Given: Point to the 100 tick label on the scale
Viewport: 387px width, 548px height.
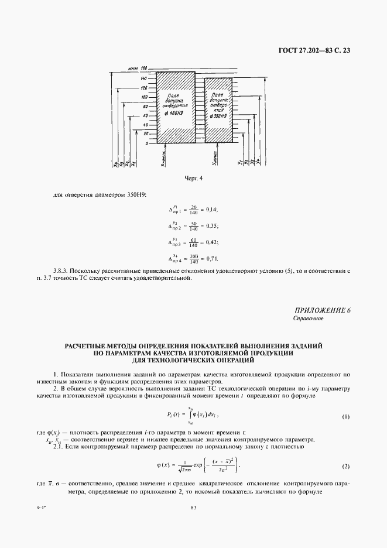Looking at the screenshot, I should [x=145, y=97].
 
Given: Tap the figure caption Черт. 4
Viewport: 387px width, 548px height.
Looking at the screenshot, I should [x=193, y=179].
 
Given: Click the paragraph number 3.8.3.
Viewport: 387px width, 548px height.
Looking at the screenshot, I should [x=61, y=270].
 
